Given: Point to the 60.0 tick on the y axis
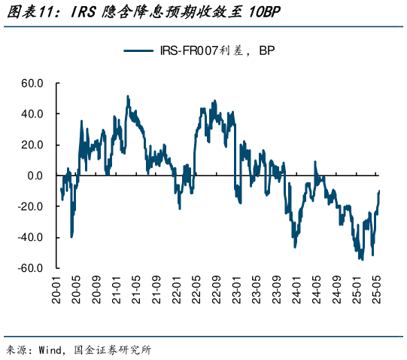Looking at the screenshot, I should coord(32,83).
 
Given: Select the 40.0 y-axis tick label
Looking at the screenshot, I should coord(32,114).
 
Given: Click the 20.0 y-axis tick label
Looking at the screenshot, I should coord(32,145).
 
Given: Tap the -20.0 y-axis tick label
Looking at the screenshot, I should coord(31,206).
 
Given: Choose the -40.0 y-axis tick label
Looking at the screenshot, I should coord(31,237).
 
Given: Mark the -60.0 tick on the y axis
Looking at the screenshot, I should coord(31,268).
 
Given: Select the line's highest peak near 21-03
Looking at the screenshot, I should coord(128,96).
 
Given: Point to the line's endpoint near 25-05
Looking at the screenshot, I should coord(380,191).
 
